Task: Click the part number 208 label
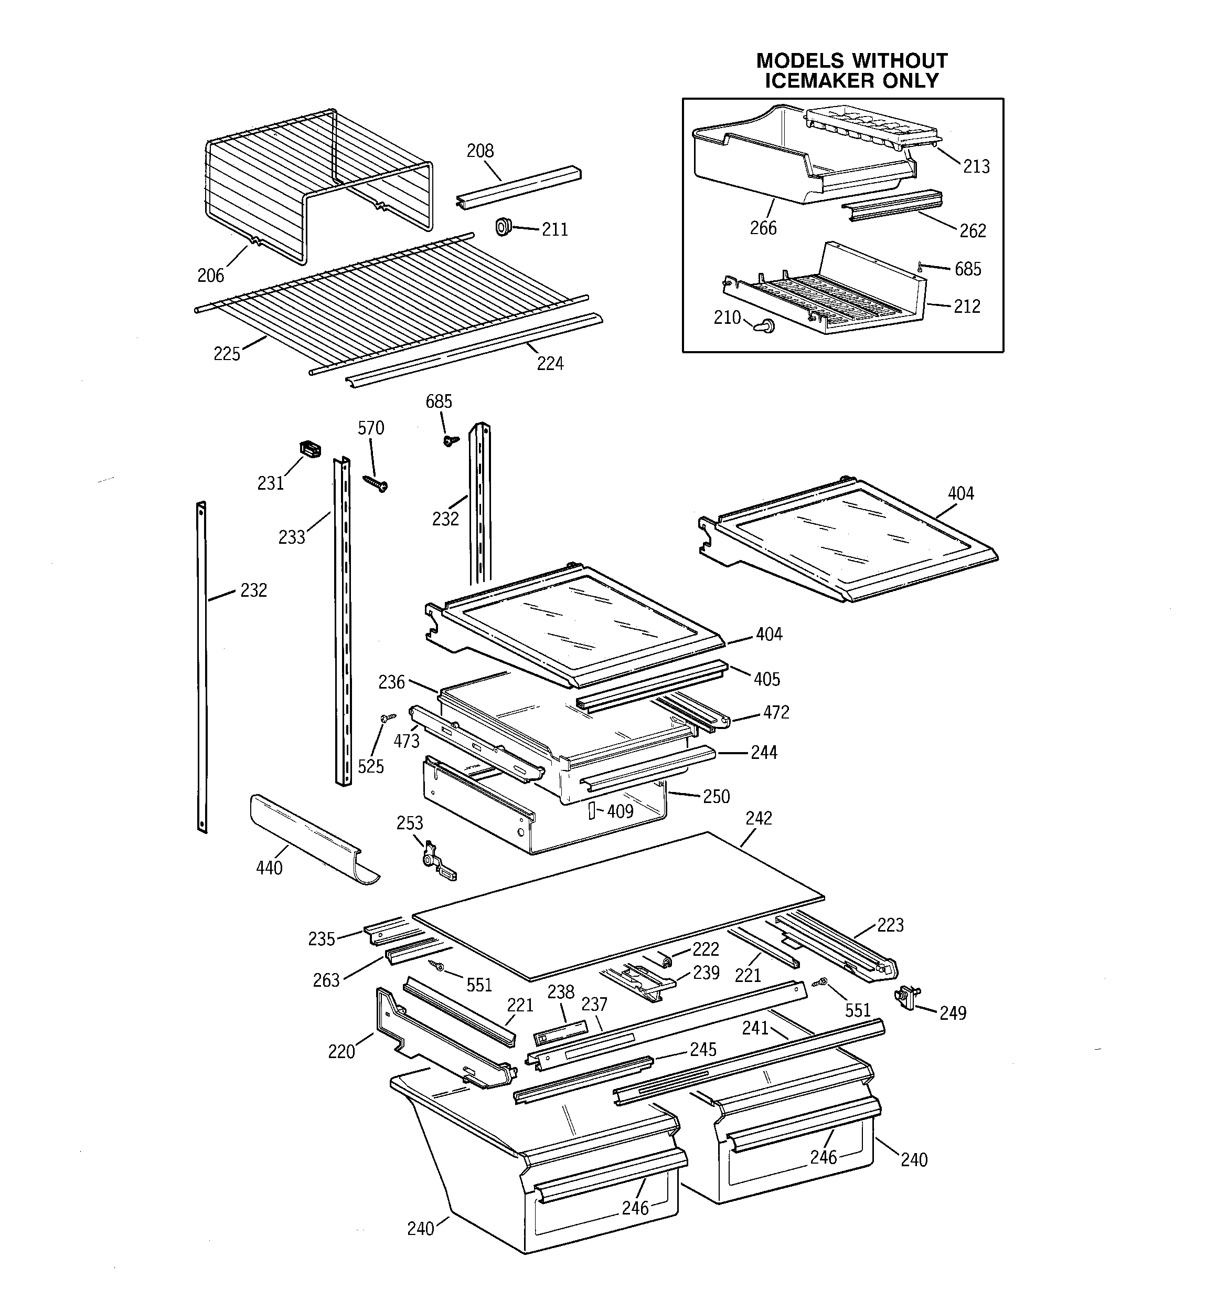(479, 151)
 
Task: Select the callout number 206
(210, 276)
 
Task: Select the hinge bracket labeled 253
(436, 862)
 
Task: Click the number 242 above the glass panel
(759, 818)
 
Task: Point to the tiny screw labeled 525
(387, 718)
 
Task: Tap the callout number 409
(620, 811)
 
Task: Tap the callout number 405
(766, 680)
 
